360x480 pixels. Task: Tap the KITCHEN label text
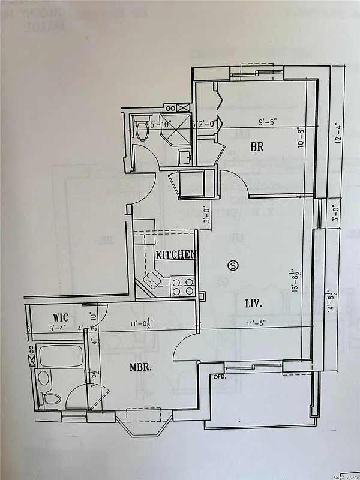(x=176, y=254)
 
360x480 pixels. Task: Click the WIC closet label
(x=61, y=316)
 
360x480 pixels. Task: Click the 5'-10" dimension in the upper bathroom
(x=161, y=125)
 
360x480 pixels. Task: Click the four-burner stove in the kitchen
(x=182, y=286)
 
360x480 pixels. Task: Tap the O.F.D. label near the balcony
(x=220, y=377)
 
